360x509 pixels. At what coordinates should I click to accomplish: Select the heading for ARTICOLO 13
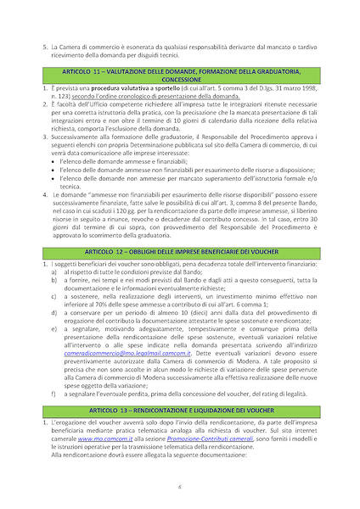point(180,409)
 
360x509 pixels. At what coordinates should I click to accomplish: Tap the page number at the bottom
point(180,486)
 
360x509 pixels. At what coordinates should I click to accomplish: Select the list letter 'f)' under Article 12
point(55,394)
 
